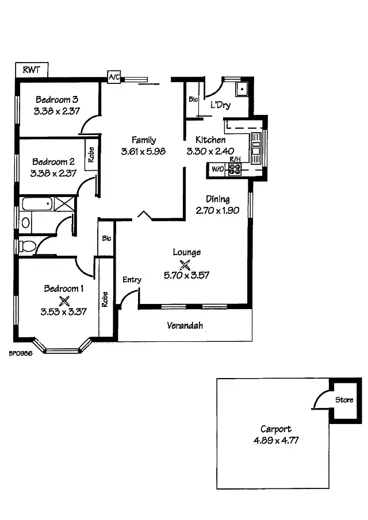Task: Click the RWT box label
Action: pos(31,70)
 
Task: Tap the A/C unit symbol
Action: pos(113,78)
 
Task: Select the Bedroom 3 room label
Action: pos(56,99)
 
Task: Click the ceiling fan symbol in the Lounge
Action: pos(186,264)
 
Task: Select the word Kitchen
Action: pos(210,140)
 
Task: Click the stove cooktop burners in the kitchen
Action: pos(236,168)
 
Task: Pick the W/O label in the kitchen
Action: pos(217,169)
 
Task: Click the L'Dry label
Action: pos(220,105)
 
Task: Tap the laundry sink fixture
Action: pos(241,89)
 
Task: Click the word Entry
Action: pos(132,280)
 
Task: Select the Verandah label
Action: pos(185,326)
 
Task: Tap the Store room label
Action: pos(344,400)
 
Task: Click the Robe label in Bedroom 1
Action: pos(105,299)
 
